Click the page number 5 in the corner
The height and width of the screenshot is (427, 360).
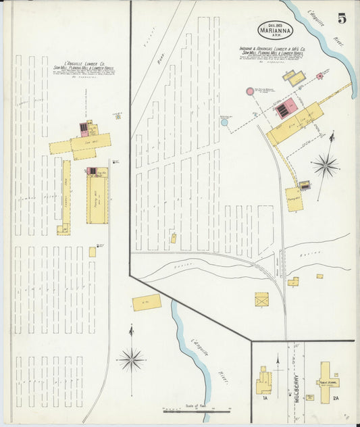pyautogui.click(x=342, y=18)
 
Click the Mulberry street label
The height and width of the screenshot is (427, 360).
pyautogui.click(x=296, y=388)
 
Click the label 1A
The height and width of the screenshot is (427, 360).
pyautogui.click(x=263, y=399)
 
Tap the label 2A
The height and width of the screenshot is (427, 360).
pyautogui.click(x=336, y=399)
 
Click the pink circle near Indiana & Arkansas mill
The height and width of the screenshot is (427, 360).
pyautogui.click(x=250, y=91)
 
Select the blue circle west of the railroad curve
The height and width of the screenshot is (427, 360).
pyautogui.click(x=224, y=122)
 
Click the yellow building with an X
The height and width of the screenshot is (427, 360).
pyautogui.click(x=261, y=299)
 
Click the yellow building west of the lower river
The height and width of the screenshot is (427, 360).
pyautogui.click(x=147, y=302)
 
